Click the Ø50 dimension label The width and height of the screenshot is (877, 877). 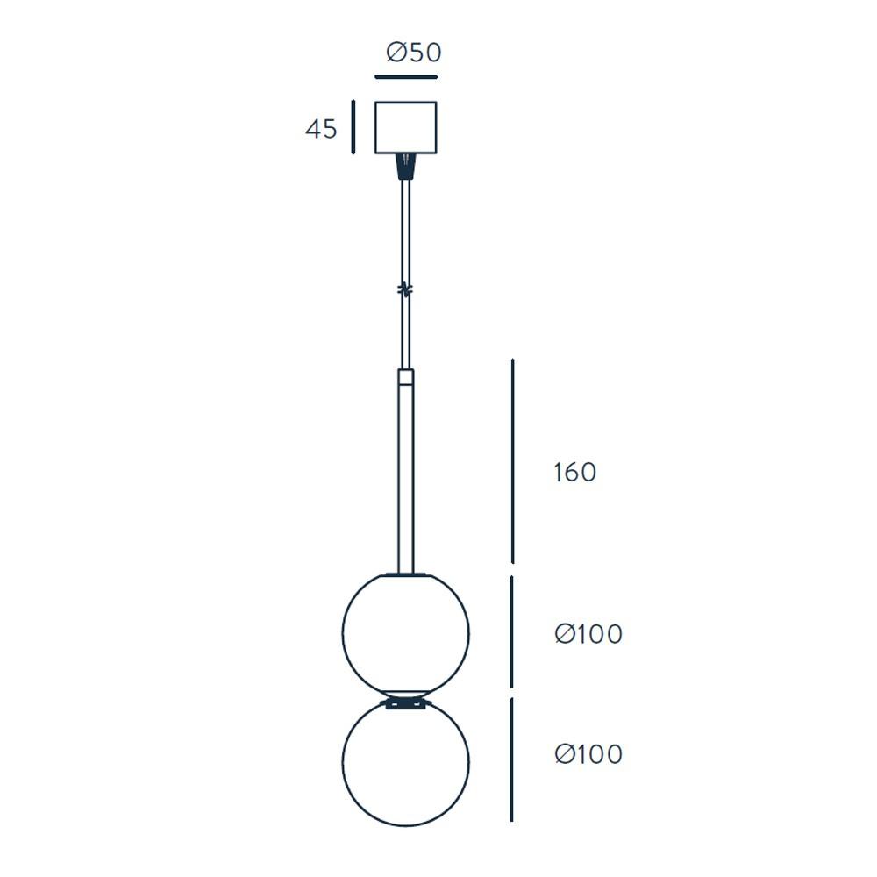point(413,53)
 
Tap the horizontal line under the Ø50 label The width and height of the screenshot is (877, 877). point(405,77)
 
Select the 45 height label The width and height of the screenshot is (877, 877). point(321,129)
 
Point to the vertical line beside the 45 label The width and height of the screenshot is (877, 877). point(353,127)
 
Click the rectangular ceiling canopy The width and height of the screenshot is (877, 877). point(405,127)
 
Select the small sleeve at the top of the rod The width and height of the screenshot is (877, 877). point(405,379)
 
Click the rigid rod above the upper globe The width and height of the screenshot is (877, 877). point(405,482)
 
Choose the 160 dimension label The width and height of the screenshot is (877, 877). point(574,473)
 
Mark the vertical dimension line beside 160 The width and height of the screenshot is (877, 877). point(512,460)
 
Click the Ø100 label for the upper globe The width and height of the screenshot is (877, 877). point(588,633)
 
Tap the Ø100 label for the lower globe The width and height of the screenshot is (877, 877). point(588,754)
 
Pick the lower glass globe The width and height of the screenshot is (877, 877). point(405,763)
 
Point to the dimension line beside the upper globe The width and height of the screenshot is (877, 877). point(512,631)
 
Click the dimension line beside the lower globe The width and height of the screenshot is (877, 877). point(512,759)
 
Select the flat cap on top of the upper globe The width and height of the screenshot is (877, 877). point(405,575)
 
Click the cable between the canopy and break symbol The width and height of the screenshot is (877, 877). point(405,228)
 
